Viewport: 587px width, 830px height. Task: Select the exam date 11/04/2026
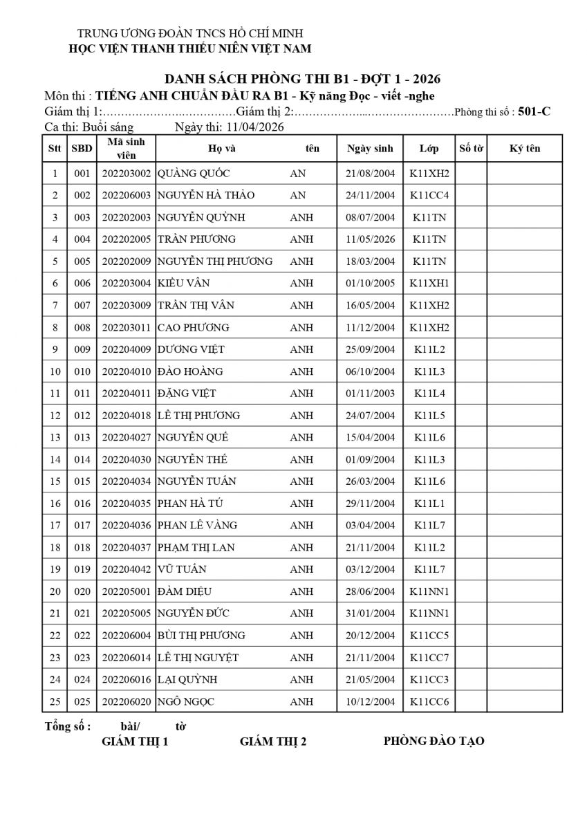[250, 127]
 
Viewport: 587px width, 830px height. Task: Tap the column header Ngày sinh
[370, 149]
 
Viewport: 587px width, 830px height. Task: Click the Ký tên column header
[525, 149]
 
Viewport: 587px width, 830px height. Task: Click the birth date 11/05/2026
[370, 239]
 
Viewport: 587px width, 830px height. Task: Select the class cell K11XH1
[429, 284]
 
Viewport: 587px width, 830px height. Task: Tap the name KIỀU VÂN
[184, 284]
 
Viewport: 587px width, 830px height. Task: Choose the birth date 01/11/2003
[370, 394]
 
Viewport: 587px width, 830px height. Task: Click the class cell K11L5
[429, 416]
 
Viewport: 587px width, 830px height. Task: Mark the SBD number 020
[82, 591]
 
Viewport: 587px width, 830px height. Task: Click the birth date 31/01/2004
[370, 614]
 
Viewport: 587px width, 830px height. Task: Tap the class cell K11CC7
[429, 658]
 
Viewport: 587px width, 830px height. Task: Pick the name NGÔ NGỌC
[186, 702]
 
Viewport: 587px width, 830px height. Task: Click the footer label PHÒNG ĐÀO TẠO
[434, 741]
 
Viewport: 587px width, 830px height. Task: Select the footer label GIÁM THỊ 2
[273, 742]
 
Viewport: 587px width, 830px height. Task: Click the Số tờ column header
[471, 149]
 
